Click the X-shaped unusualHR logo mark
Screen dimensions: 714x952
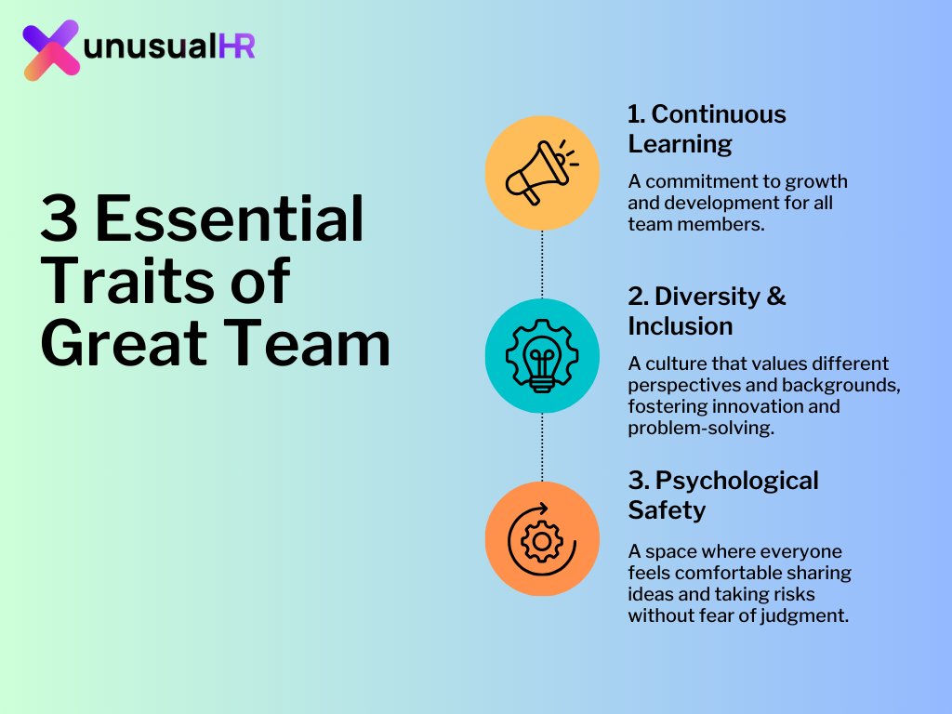coord(51,49)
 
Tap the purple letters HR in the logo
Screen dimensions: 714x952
coord(236,48)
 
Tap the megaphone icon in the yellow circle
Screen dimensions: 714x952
coord(540,173)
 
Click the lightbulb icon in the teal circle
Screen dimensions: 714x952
coord(542,355)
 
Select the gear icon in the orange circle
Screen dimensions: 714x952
coord(540,539)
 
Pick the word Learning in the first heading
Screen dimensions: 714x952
coord(680,144)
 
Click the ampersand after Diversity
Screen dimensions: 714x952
coord(776,297)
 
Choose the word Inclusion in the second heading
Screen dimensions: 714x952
coord(680,326)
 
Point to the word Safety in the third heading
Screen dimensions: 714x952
coord(667,510)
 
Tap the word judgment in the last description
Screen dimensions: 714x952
coord(808,615)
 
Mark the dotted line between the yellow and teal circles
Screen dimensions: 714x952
coord(542,264)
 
